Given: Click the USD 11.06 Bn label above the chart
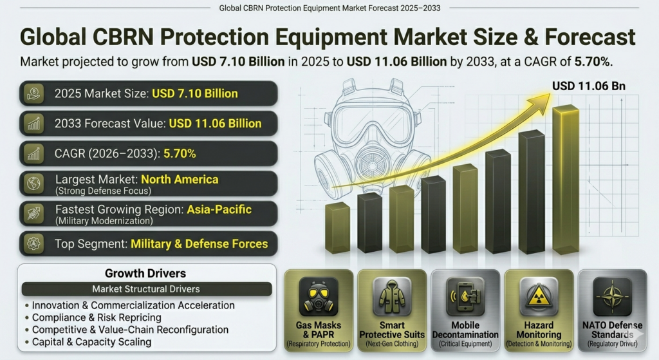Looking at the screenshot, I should click(589, 86).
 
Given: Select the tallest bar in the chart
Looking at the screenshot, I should click(566, 180).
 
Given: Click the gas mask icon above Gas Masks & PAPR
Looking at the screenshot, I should click(319, 296).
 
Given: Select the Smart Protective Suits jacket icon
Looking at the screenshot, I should click(392, 296).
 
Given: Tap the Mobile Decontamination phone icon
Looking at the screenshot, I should click(465, 296).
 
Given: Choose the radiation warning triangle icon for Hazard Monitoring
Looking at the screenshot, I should click(539, 296).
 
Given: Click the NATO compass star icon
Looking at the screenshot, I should click(611, 296).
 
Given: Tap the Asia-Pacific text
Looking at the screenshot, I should click(219, 209).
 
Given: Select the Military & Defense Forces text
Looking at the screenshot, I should click(199, 244).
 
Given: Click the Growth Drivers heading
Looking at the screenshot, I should click(146, 274).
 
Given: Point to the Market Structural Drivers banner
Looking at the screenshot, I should click(146, 289).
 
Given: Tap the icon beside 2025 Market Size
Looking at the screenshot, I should click(33, 94).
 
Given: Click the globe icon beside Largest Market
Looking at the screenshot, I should click(33, 184).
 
